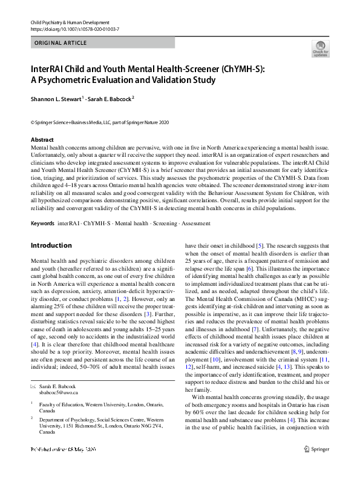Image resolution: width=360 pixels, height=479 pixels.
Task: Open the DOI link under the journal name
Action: click(67, 29)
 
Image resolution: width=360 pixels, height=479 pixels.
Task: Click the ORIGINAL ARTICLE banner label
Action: click(61, 43)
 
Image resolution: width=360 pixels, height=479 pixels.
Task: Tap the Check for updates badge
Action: click(320, 48)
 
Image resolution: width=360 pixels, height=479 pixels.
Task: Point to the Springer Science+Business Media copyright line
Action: click(100, 123)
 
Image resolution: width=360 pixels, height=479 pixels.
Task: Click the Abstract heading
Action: click(42, 140)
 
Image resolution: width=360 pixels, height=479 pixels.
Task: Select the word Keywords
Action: click(42, 223)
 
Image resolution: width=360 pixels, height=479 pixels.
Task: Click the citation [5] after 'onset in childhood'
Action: click(259, 246)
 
